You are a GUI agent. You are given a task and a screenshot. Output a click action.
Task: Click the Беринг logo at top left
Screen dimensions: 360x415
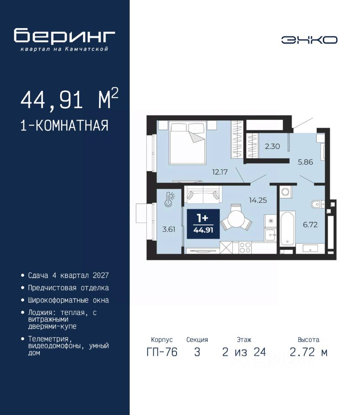pos(64,39)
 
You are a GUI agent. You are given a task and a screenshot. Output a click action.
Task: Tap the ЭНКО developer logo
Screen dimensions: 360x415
pos(309,40)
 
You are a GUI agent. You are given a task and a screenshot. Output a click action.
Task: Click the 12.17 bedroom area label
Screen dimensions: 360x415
pos(220,172)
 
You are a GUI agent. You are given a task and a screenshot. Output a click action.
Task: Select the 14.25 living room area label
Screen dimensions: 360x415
pos(258,200)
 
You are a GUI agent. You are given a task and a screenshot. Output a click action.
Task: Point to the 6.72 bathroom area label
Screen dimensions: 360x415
pos(310,225)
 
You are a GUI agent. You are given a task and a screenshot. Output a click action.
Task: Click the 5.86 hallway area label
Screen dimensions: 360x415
pos(305,162)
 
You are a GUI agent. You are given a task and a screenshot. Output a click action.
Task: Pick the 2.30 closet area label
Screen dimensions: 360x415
pos(272,147)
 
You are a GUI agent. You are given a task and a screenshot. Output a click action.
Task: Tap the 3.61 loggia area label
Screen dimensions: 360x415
pos(169,229)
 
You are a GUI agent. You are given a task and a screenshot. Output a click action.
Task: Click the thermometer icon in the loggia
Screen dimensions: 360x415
pos(170,199)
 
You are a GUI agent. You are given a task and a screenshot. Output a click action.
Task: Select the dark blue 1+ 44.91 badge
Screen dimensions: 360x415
pos(203,224)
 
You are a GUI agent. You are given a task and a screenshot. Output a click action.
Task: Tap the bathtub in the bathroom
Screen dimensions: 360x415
pos(288,228)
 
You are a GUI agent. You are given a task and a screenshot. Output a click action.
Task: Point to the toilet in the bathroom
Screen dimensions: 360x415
pos(317,204)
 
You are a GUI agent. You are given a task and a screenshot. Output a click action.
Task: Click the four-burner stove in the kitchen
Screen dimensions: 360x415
pos(245,248)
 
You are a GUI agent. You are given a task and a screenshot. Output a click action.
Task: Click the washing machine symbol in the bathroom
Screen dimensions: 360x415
pos(286,192)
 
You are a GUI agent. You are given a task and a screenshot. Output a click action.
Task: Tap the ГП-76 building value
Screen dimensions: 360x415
pos(162,352)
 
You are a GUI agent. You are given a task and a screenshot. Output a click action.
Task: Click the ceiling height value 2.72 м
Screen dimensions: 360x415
pos(309,352)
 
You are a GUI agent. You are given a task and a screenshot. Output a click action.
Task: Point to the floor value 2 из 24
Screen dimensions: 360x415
pos(244,352)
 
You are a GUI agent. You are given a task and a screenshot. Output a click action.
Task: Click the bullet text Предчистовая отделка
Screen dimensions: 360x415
pos(68,288)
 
